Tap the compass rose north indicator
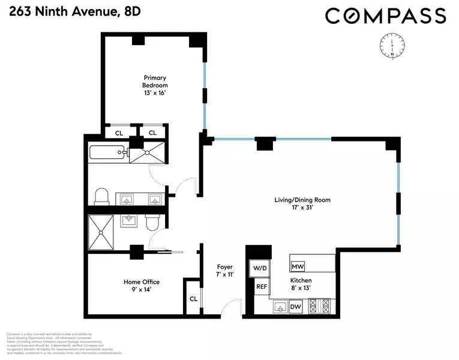point(391,47)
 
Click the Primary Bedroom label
point(155,85)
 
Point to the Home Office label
point(142,286)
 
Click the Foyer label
point(224,271)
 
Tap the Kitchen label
point(301,284)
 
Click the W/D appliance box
point(259,268)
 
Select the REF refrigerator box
point(262,287)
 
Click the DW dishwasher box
point(295,307)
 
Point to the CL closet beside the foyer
point(193,298)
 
